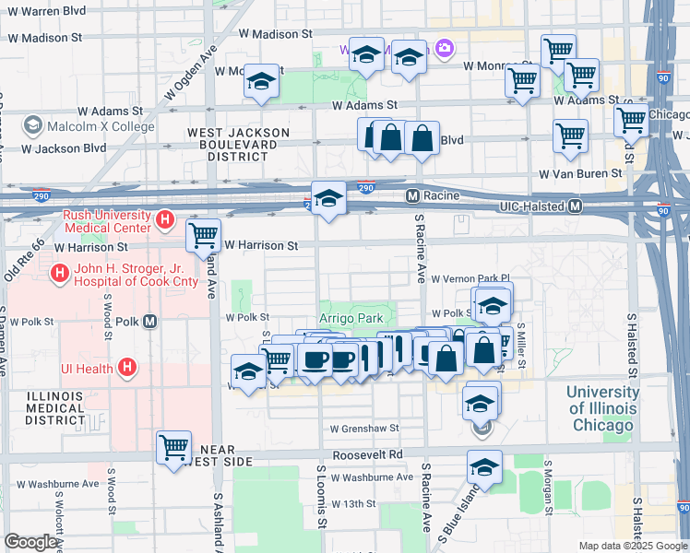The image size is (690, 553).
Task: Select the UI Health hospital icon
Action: pyautogui.click(x=128, y=369)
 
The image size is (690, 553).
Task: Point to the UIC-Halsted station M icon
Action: pyautogui.click(x=575, y=206)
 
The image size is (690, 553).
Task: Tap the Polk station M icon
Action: pyautogui.click(x=150, y=321)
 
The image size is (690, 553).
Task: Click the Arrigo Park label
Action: pyautogui.click(x=351, y=318)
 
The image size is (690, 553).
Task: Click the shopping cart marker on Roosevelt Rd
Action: pyautogui.click(x=173, y=448)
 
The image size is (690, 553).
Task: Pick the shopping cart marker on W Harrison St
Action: pyautogui.click(x=203, y=235)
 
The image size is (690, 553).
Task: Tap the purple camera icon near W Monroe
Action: pyautogui.click(x=445, y=48)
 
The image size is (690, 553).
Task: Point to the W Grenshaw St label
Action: pyautogui.click(x=364, y=429)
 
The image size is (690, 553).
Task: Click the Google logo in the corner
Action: pyautogui.click(x=30, y=542)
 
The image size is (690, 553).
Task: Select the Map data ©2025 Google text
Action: pyautogui.click(x=633, y=546)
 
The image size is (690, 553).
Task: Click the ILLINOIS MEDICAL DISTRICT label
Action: pyautogui.click(x=42, y=408)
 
